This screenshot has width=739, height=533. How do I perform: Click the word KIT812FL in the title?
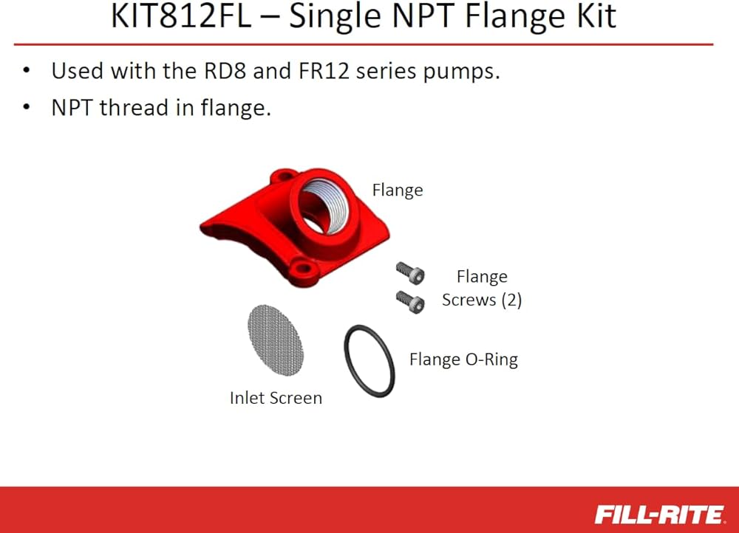pos(181,16)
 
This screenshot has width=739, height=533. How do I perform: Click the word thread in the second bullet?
pos(134,107)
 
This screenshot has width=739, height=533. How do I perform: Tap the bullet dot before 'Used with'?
pos(27,72)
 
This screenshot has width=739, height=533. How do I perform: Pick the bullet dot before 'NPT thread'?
pos(27,108)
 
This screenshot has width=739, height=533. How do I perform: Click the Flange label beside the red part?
pos(398,190)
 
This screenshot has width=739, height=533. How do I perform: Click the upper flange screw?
pos(410,273)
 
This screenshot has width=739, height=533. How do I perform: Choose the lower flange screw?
pos(410,302)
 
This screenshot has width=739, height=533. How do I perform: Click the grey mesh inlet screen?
pos(276,340)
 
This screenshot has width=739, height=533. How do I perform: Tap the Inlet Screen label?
pos(276,398)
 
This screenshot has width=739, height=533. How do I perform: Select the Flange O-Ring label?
pos(463,360)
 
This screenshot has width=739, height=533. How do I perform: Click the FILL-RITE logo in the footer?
pos(659,514)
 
